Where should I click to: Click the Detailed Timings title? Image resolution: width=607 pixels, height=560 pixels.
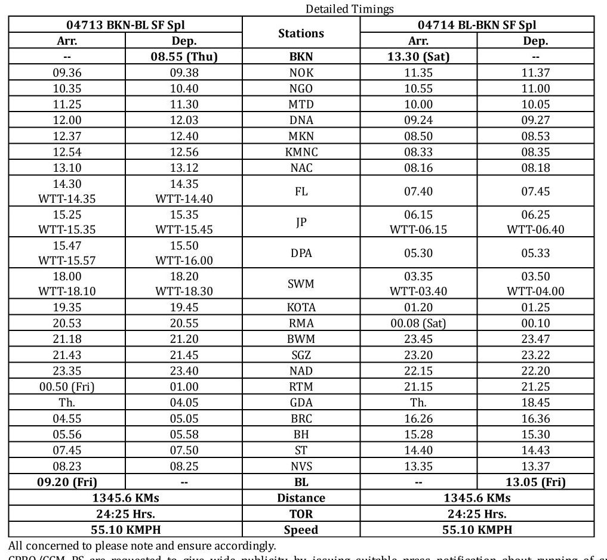pos(350,9)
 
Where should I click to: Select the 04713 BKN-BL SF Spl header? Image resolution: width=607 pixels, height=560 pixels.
pos(125,25)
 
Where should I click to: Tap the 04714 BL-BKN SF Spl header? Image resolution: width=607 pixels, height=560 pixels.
pos(477,25)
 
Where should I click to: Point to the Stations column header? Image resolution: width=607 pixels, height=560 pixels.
pos(301,33)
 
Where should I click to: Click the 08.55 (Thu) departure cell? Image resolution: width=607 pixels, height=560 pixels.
pos(184,57)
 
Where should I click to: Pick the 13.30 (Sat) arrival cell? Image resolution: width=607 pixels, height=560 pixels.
pos(418,57)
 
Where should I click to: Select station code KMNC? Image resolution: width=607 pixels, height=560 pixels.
pos(301,152)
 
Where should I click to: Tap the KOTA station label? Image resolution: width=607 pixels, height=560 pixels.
pos(301,308)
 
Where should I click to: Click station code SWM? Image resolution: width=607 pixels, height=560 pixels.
pos(301,284)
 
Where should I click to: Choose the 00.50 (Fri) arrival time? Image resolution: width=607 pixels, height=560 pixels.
pos(67,386)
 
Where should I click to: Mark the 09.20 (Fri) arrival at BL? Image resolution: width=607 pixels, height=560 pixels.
pos(67,482)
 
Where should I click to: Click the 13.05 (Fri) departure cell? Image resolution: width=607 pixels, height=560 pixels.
pos(535,482)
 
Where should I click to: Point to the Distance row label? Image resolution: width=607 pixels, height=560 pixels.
pos(301,498)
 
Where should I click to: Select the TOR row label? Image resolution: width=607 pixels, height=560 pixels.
pos(301,513)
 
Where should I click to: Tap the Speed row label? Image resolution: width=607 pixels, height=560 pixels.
pos(301,530)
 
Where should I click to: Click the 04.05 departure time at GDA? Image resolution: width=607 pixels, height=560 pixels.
pos(184,403)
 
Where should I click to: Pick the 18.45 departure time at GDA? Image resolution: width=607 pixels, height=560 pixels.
pos(535,403)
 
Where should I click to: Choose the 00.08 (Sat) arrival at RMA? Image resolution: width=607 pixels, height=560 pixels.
pos(418,323)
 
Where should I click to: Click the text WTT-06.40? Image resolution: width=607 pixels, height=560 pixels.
pos(535,230)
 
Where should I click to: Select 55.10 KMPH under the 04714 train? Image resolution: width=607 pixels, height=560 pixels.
pos(477,530)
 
